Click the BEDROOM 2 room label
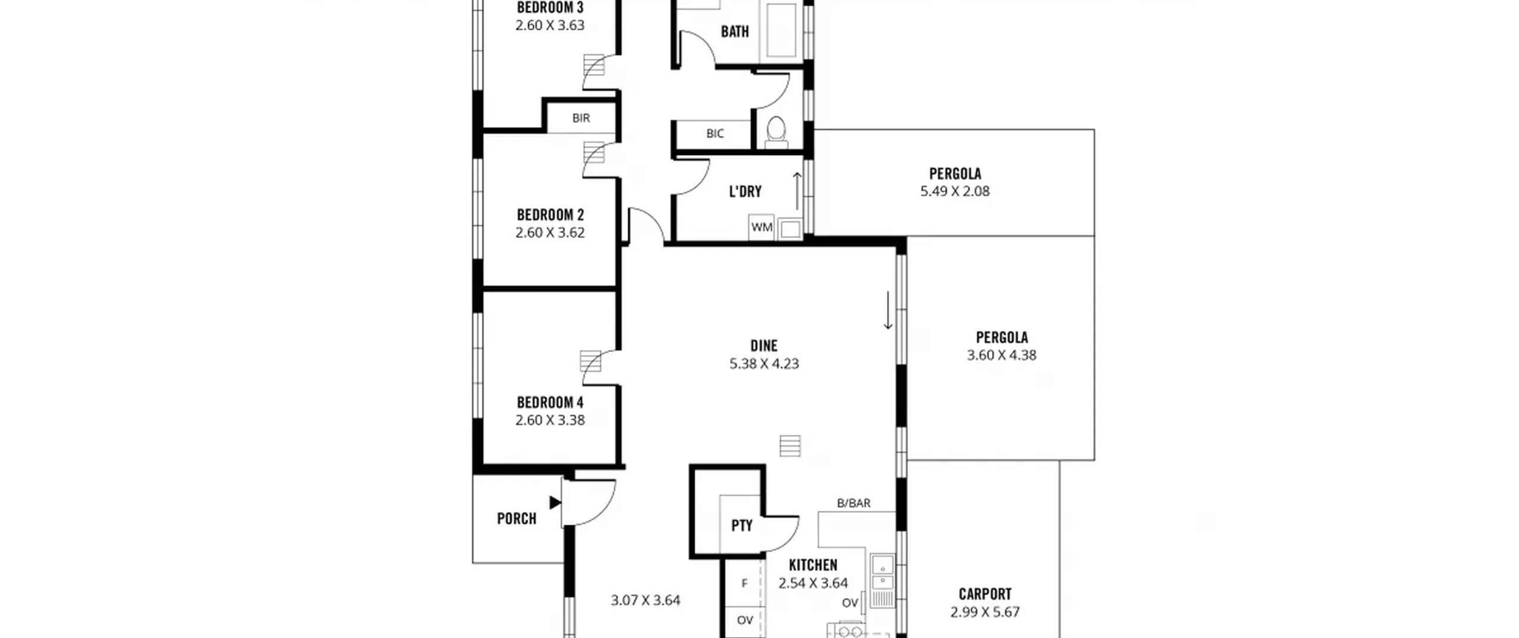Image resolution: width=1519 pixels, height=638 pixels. point(550,214)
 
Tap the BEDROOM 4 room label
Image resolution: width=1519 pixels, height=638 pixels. point(550,402)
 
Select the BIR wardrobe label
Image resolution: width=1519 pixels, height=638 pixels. point(581,118)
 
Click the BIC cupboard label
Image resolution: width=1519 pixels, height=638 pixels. point(715,134)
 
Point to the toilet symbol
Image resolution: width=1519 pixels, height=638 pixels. point(776,132)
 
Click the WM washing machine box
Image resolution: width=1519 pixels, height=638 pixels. point(761,227)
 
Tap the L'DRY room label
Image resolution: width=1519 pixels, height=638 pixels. point(745,191)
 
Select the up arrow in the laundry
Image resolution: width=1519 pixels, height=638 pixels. point(797,191)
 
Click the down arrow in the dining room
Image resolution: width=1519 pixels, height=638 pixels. point(888,310)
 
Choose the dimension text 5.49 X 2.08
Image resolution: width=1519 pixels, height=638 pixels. point(955,191)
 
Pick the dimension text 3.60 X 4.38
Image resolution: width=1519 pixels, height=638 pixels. point(1002,355)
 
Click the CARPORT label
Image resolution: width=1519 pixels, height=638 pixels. point(985,593)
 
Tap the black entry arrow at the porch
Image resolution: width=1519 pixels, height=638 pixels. point(555,503)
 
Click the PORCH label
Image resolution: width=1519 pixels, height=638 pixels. point(516,518)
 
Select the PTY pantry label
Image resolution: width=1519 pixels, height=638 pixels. point(742,525)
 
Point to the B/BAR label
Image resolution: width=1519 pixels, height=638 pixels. point(853,503)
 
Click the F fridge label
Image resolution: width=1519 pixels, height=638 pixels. point(745,583)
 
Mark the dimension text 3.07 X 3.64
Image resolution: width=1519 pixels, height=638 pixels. point(646,600)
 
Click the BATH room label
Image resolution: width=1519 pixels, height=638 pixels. point(735,31)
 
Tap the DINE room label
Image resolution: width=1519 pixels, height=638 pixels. point(764,345)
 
